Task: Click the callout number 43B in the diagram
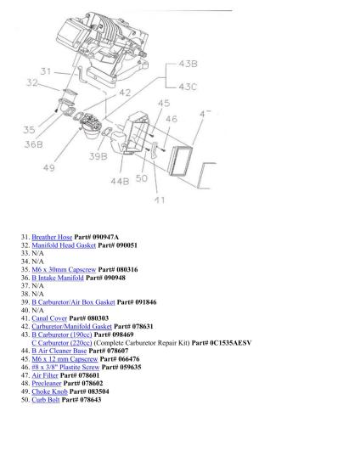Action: [188, 64]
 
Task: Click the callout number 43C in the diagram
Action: [188, 87]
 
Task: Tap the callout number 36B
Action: [34, 144]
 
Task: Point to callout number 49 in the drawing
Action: [49, 167]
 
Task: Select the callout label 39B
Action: [98, 156]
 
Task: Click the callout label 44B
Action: [120, 181]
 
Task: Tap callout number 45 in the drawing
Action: [164, 104]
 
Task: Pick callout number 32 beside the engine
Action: [32, 82]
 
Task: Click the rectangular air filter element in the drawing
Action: [180, 160]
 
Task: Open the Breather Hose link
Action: [52, 237]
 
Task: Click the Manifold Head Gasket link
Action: [64, 245]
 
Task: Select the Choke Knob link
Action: [49, 391]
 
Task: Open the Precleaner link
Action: [47, 383]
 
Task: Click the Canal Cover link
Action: [49, 318]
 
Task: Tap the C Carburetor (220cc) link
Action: [62, 342]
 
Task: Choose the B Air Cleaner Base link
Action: [59, 351]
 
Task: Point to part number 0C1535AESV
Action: [231, 342]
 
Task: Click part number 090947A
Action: [105, 237]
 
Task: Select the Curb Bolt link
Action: [46, 399]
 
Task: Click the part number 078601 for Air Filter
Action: [89, 375]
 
